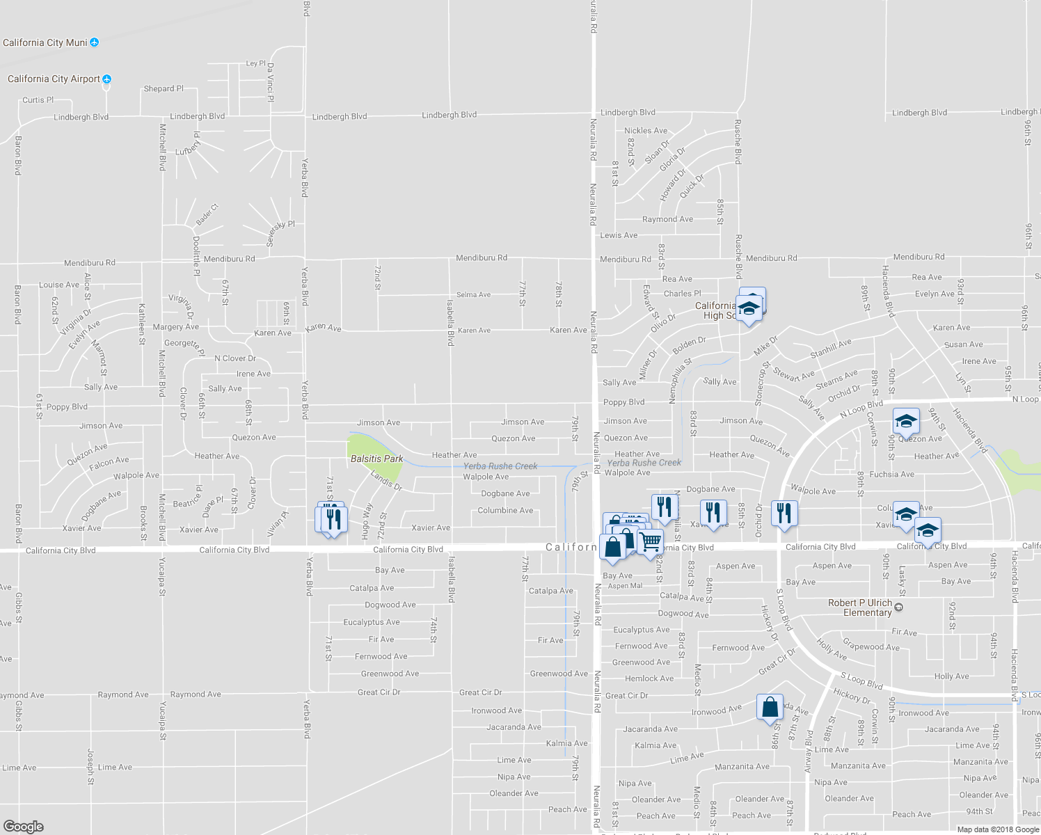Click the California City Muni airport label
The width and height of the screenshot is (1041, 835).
[x=45, y=43]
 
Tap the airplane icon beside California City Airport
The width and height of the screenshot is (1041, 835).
[x=106, y=79]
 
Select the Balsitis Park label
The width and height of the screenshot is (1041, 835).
[x=376, y=459]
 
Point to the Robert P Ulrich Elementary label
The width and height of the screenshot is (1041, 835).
[x=860, y=607]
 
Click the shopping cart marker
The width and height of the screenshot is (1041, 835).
[x=651, y=541]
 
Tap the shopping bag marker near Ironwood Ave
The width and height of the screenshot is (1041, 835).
[x=770, y=707]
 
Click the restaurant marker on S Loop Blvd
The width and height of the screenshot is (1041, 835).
[x=784, y=514]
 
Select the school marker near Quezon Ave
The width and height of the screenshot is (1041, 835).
[x=906, y=421]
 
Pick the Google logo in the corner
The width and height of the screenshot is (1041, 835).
[x=23, y=827]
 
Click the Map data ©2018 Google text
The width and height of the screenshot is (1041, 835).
[x=996, y=829]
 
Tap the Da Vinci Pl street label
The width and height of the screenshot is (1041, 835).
[x=271, y=82]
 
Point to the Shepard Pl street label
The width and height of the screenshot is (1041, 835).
[x=164, y=89]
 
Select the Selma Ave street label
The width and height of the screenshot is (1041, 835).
[x=473, y=295]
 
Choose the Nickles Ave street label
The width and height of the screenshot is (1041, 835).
[x=646, y=131]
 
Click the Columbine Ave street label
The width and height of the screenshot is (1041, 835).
[x=505, y=511]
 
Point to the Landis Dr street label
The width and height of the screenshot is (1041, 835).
[x=386, y=481]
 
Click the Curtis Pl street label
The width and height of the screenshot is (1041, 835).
[x=38, y=100]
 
